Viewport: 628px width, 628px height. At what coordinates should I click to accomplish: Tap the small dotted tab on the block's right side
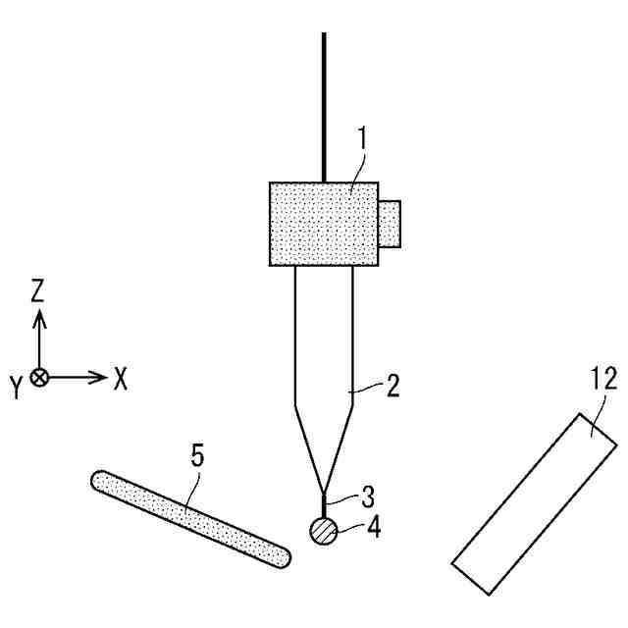(x=391, y=224)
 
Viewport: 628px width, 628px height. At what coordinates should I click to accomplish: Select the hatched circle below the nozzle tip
(x=324, y=531)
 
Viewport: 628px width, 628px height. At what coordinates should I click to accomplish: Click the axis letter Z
(x=38, y=289)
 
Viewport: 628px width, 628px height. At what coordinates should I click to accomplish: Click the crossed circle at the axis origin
(x=39, y=377)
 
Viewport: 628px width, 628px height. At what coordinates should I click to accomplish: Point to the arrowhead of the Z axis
(x=39, y=315)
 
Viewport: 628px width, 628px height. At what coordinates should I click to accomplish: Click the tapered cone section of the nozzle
(x=324, y=442)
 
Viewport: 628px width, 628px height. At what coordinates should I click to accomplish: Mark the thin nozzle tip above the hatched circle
(x=324, y=506)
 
